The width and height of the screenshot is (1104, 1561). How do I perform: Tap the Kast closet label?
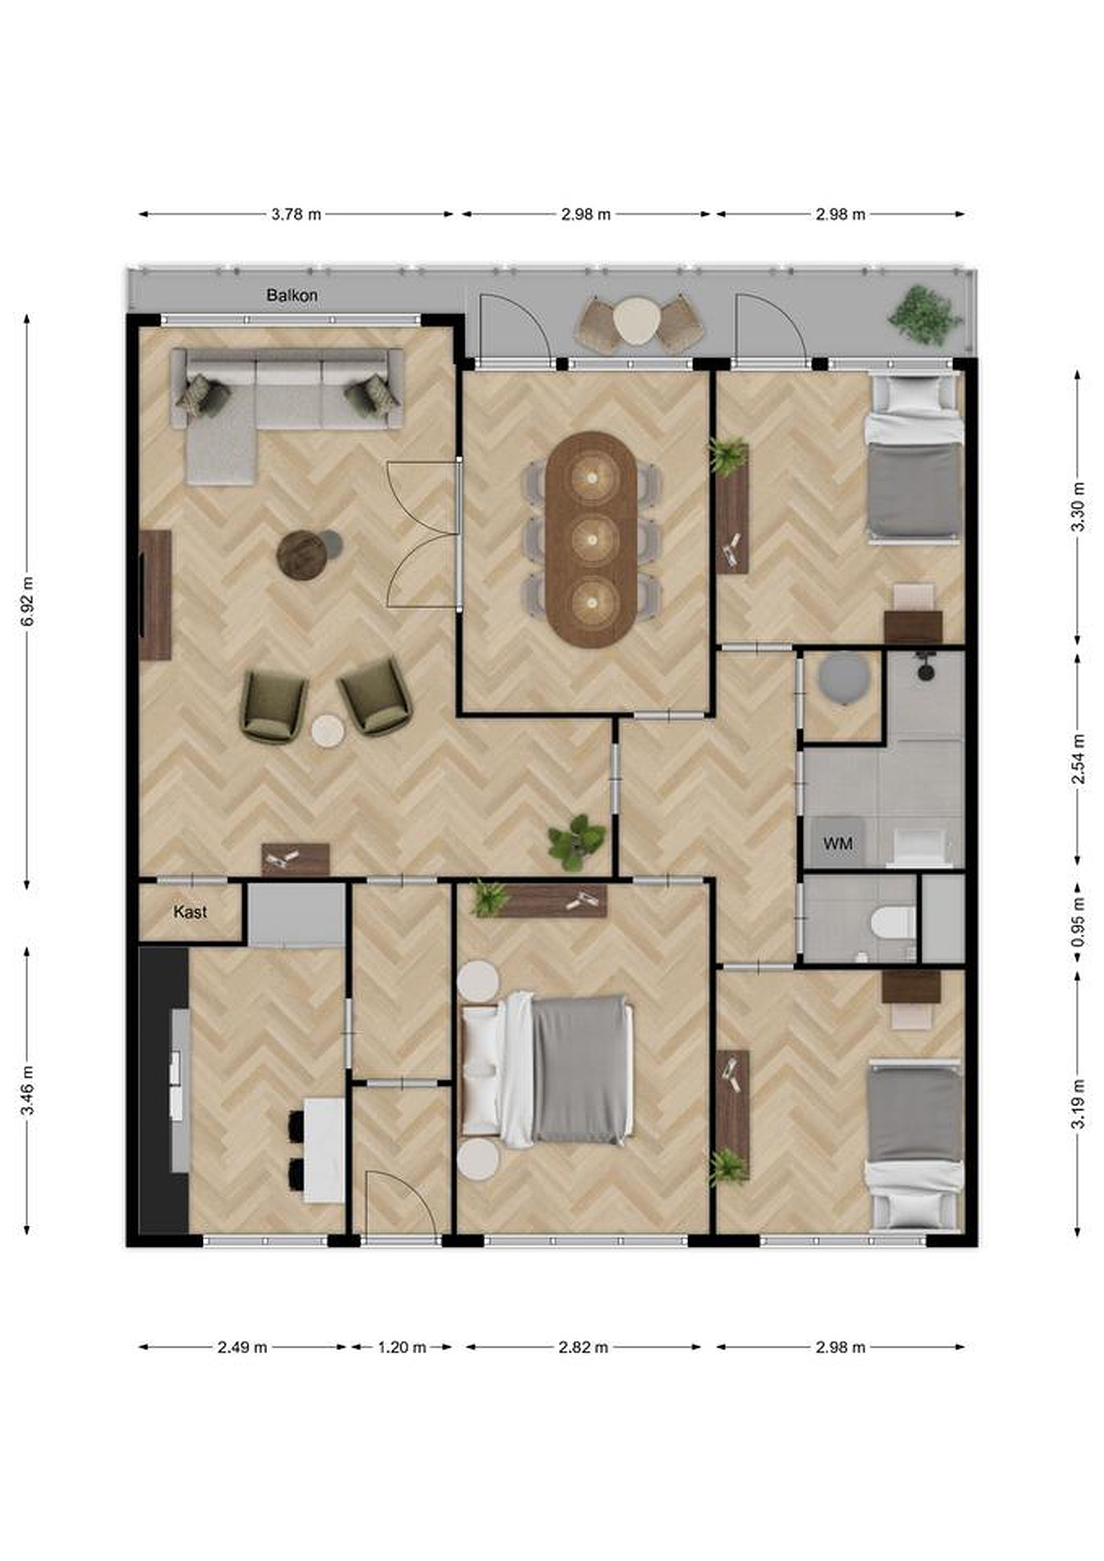(x=190, y=912)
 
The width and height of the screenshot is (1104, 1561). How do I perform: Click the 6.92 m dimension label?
(x=27, y=602)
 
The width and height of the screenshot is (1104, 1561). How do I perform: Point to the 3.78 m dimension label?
(x=296, y=214)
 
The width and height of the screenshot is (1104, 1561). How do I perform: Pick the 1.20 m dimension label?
(x=402, y=1346)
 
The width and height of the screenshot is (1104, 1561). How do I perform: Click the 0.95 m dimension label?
(x=1078, y=922)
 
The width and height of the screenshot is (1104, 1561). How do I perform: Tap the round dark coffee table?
(x=302, y=556)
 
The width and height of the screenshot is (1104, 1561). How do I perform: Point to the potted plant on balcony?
(x=925, y=315)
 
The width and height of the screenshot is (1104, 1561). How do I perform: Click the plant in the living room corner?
(x=577, y=842)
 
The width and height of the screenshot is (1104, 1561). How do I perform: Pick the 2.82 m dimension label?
(x=583, y=1346)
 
